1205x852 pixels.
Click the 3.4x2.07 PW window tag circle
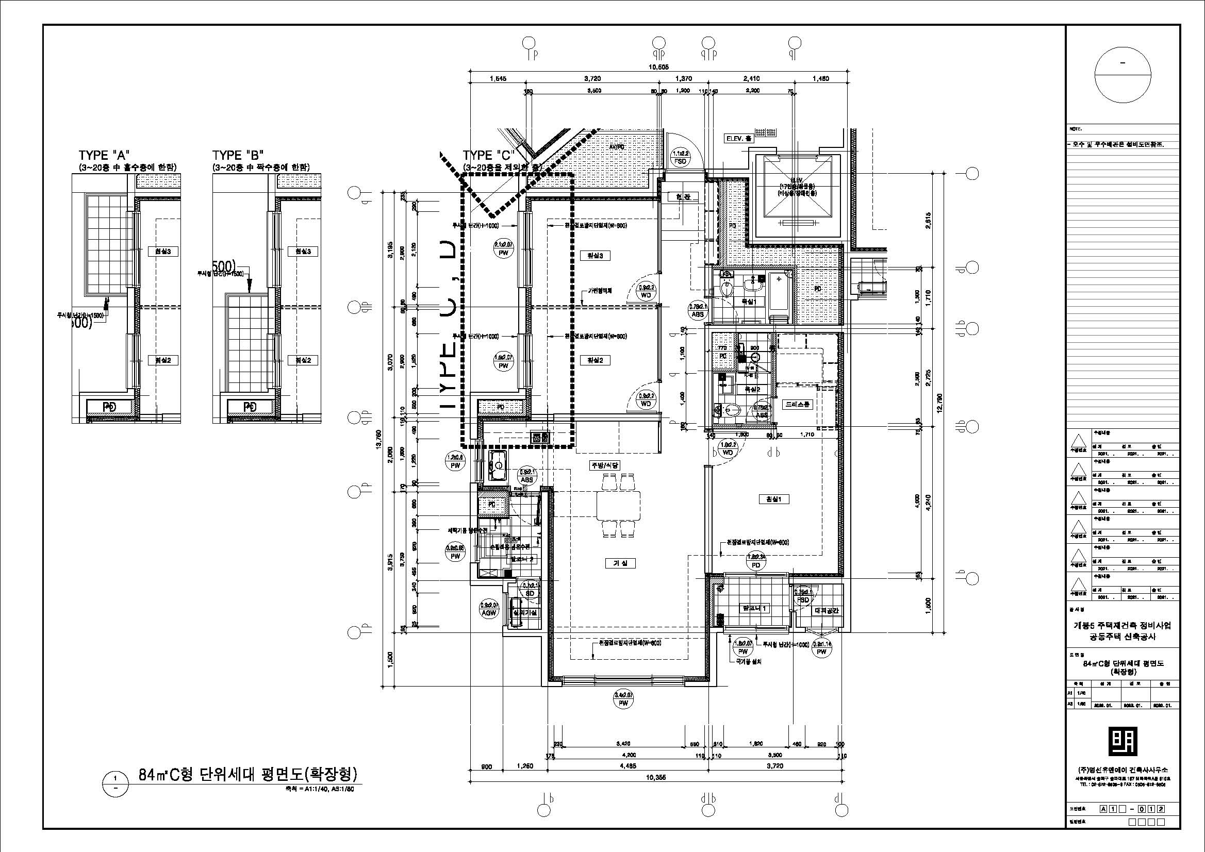click(623, 700)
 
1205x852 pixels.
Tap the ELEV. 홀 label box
click(739, 139)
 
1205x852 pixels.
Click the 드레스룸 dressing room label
click(797, 405)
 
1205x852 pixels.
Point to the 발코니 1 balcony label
click(754, 608)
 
